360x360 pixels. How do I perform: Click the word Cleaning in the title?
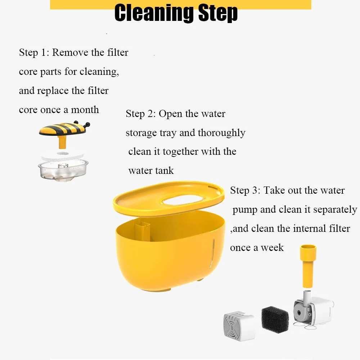pyautogui.click(x=153, y=13)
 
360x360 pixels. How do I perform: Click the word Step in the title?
pyautogui.click(x=217, y=13)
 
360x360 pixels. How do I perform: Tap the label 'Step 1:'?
pyautogui.click(x=34, y=53)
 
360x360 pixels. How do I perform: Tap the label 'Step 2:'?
pyautogui.click(x=141, y=114)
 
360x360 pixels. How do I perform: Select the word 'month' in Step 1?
pyautogui.click(x=85, y=109)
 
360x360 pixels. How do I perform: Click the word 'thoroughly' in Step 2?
pyautogui.click(x=221, y=133)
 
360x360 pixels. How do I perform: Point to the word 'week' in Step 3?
pyautogui.click(x=273, y=248)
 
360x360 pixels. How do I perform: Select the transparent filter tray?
pyautogui.click(x=63, y=169)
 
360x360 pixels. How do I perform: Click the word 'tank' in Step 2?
pyautogui.click(x=163, y=170)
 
